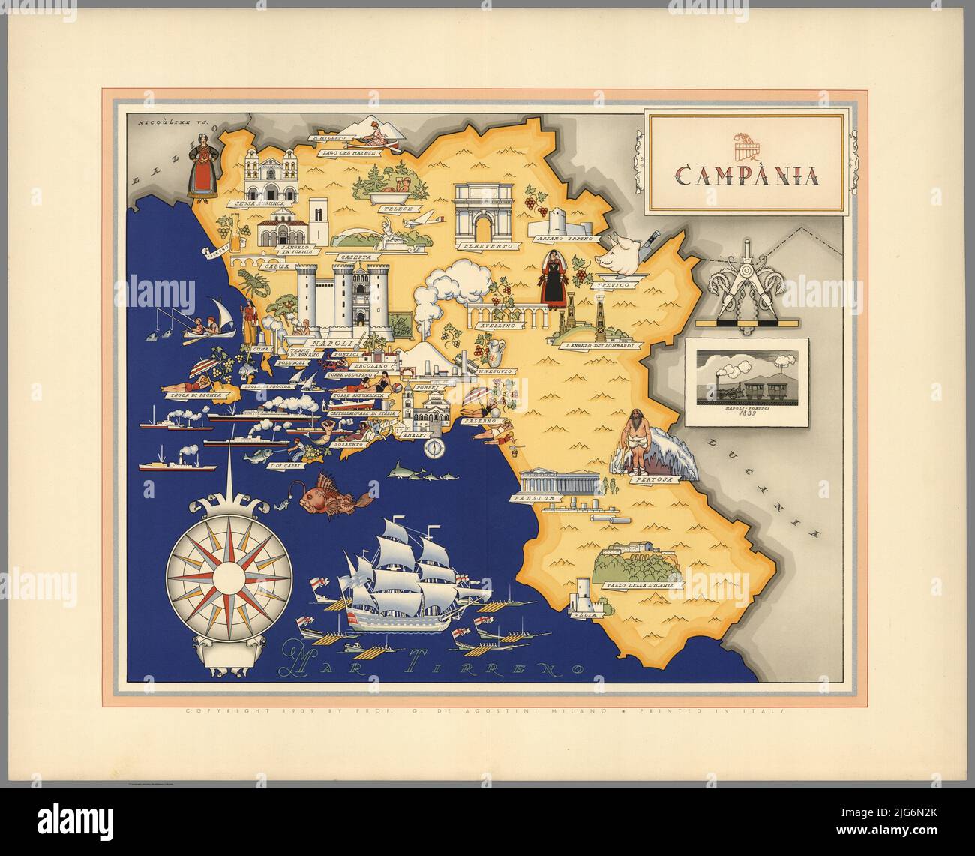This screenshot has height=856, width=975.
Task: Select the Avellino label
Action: (x=496, y=326)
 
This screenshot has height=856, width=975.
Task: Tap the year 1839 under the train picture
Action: (x=747, y=413)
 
